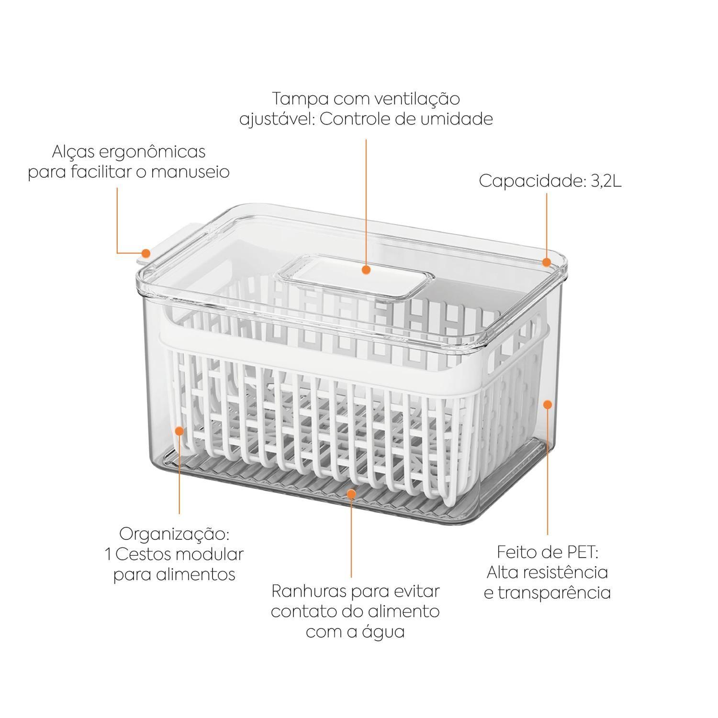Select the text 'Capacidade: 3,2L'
pyautogui.click(x=550, y=181)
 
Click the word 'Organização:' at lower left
pyautogui.click(x=174, y=533)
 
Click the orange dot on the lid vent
pyautogui.click(x=366, y=270)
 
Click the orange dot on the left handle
pyautogui.click(x=146, y=254)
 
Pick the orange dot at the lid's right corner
pyautogui.click(x=546, y=262)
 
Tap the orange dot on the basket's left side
pyautogui.click(x=179, y=431)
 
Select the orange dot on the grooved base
pyautogui.click(x=352, y=492)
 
